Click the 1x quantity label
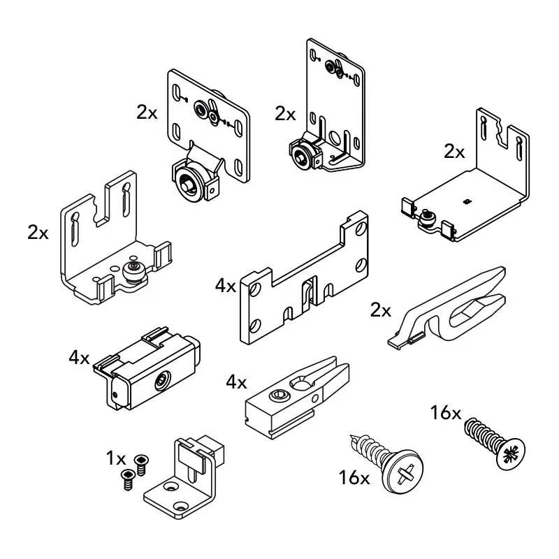tap(115, 459)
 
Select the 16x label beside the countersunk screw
tap(446, 413)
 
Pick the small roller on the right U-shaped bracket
tap(426, 222)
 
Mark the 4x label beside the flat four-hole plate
tap(226, 286)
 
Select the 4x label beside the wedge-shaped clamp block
tap(236, 382)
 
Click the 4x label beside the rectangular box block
tap(79, 358)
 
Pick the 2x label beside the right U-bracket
tap(454, 152)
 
